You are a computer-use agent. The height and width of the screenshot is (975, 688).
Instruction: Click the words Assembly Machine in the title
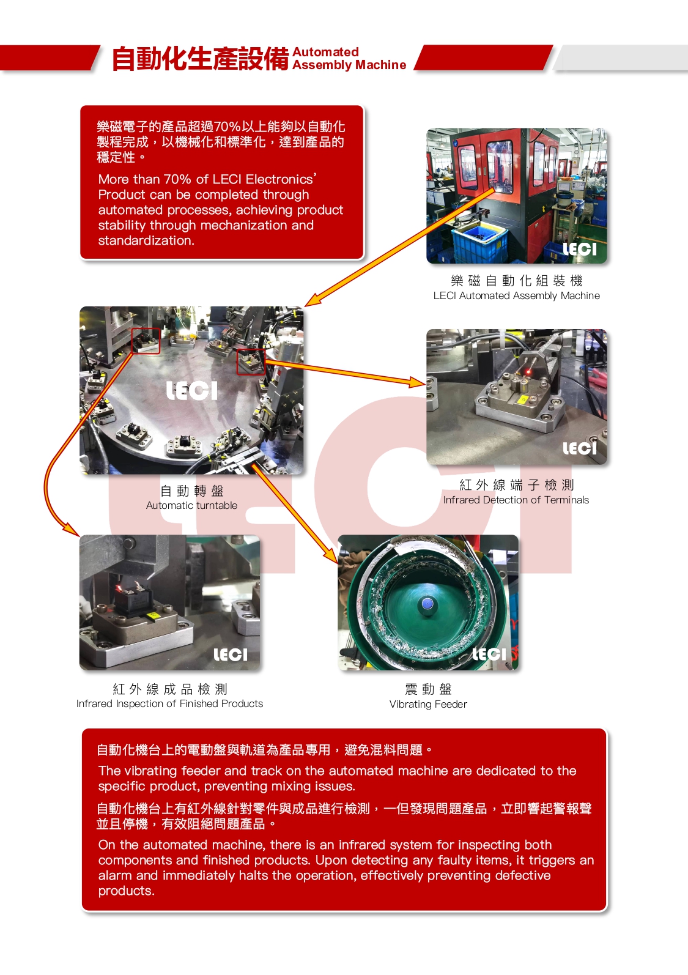349,65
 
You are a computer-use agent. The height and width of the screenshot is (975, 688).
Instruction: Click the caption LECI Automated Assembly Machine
516,295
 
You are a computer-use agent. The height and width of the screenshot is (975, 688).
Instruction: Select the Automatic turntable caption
191,505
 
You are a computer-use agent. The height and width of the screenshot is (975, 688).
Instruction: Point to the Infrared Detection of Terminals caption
516,500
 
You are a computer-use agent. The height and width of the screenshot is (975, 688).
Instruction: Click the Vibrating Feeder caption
428,704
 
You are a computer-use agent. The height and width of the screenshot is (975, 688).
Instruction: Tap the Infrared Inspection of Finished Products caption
169,703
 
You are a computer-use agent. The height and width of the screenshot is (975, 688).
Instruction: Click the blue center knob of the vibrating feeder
427,604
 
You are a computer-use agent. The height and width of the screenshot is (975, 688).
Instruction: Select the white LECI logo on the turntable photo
192,391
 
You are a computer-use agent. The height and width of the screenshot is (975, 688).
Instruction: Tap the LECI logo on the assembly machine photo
579,249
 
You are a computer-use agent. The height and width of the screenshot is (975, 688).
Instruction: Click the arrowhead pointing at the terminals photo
418,382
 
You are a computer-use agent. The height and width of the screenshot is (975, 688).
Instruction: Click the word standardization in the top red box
146,240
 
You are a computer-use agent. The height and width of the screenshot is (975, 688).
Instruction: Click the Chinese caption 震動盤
428,689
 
